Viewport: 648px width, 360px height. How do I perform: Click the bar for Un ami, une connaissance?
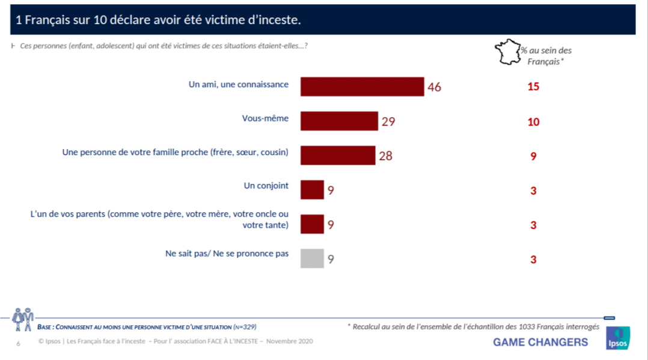pyautogui.click(x=362, y=87)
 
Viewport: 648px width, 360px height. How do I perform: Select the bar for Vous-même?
pyautogui.click(x=339, y=121)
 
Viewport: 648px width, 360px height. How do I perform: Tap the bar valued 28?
pyautogui.click(x=338, y=155)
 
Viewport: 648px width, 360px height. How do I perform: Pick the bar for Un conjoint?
pyautogui.click(x=312, y=190)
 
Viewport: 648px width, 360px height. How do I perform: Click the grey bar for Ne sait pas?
pyautogui.click(x=312, y=258)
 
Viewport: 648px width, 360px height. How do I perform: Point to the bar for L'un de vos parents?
pyautogui.click(x=312, y=224)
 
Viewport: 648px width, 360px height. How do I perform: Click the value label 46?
pyautogui.click(x=435, y=87)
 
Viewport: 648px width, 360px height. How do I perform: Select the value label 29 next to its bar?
pyautogui.click(x=388, y=121)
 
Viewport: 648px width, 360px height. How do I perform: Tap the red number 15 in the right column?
pyautogui.click(x=533, y=87)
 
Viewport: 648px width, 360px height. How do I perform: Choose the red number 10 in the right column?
pyautogui.click(x=533, y=122)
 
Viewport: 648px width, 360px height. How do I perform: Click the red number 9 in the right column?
pyautogui.click(x=533, y=156)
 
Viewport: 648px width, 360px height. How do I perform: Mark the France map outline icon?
pyautogui.click(x=507, y=52)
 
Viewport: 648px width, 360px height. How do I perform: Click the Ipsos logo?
pyautogui.click(x=618, y=338)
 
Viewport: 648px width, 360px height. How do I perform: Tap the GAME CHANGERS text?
pyautogui.click(x=540, y=342)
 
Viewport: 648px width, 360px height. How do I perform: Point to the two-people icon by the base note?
pyautogui.click(x=23, y=319)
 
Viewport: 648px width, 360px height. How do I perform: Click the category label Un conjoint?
pyautogui.click(x=266, y=186)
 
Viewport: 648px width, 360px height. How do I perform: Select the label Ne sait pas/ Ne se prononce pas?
pyautogui.click(x=227, y=254)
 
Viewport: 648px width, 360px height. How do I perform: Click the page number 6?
pyautogui.click(x=18, y=343)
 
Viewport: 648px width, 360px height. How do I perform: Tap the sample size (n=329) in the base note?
pyautogui.click(x=245, y=327)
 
